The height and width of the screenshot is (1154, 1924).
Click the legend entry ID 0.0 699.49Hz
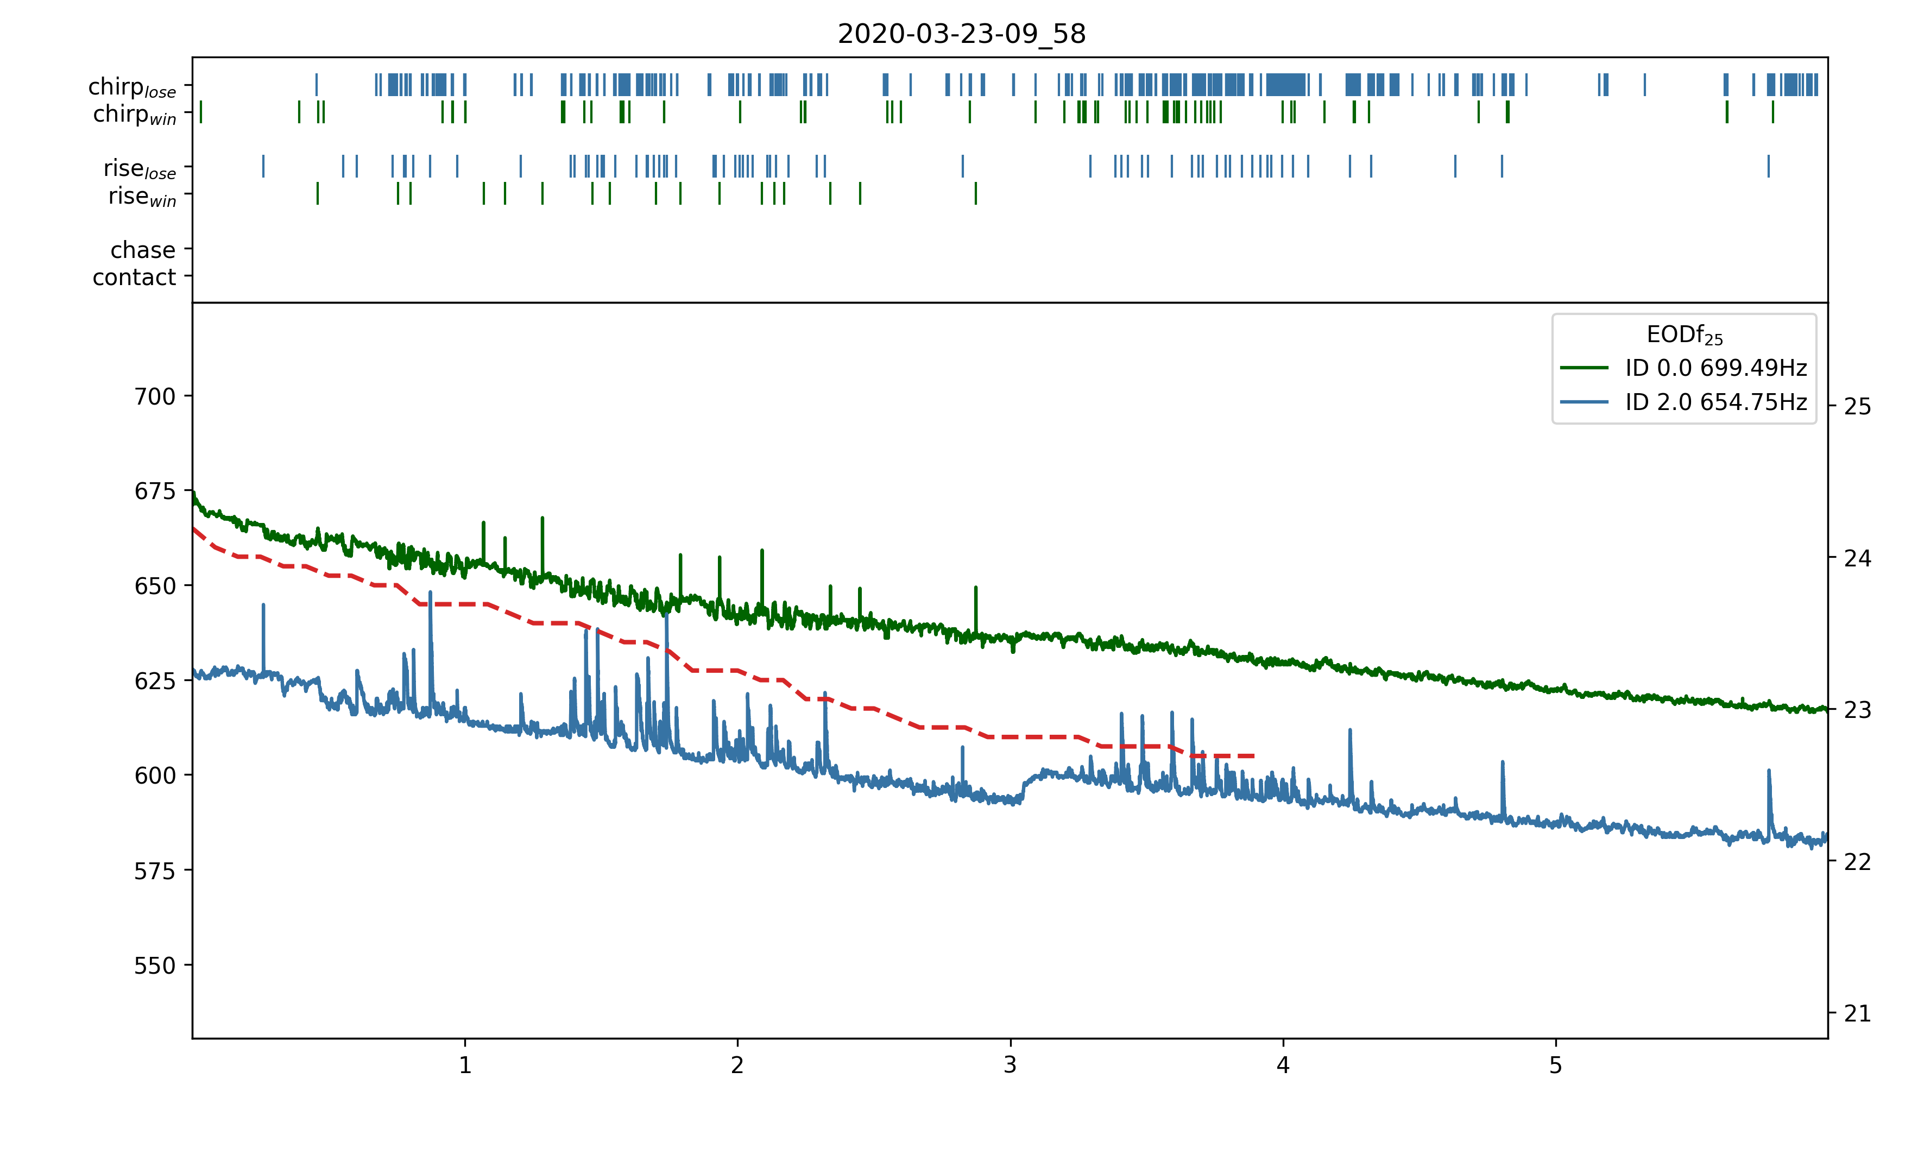[1715, 367]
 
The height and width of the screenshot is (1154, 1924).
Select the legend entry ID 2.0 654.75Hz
[1715, 402]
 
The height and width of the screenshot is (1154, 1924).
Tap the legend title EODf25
[1684, 335]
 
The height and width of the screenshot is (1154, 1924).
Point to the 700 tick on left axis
[155, 396]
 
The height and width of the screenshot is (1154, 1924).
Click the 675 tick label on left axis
[155, 491]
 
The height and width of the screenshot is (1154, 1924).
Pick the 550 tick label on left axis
[155, 966]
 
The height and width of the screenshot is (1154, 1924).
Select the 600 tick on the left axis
[155, 776]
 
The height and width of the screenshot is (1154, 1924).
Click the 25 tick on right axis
[1858, 407]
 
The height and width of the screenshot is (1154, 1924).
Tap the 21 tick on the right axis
[1858, 1014]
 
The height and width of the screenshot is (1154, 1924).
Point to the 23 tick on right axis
[1858, 710]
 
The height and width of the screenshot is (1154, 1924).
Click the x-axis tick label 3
[1010, 1065]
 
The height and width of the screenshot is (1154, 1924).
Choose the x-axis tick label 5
[1555, 1065]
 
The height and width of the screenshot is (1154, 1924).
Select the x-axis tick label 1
[465, 1065]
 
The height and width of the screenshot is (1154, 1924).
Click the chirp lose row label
[132, 86]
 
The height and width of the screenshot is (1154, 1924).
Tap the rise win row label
[142, 197]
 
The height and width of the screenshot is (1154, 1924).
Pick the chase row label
[143, 250]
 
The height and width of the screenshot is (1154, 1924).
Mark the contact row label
[135, 277]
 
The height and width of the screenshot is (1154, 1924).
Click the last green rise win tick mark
[976, 194]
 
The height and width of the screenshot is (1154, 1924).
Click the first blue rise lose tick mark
[263, 166]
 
